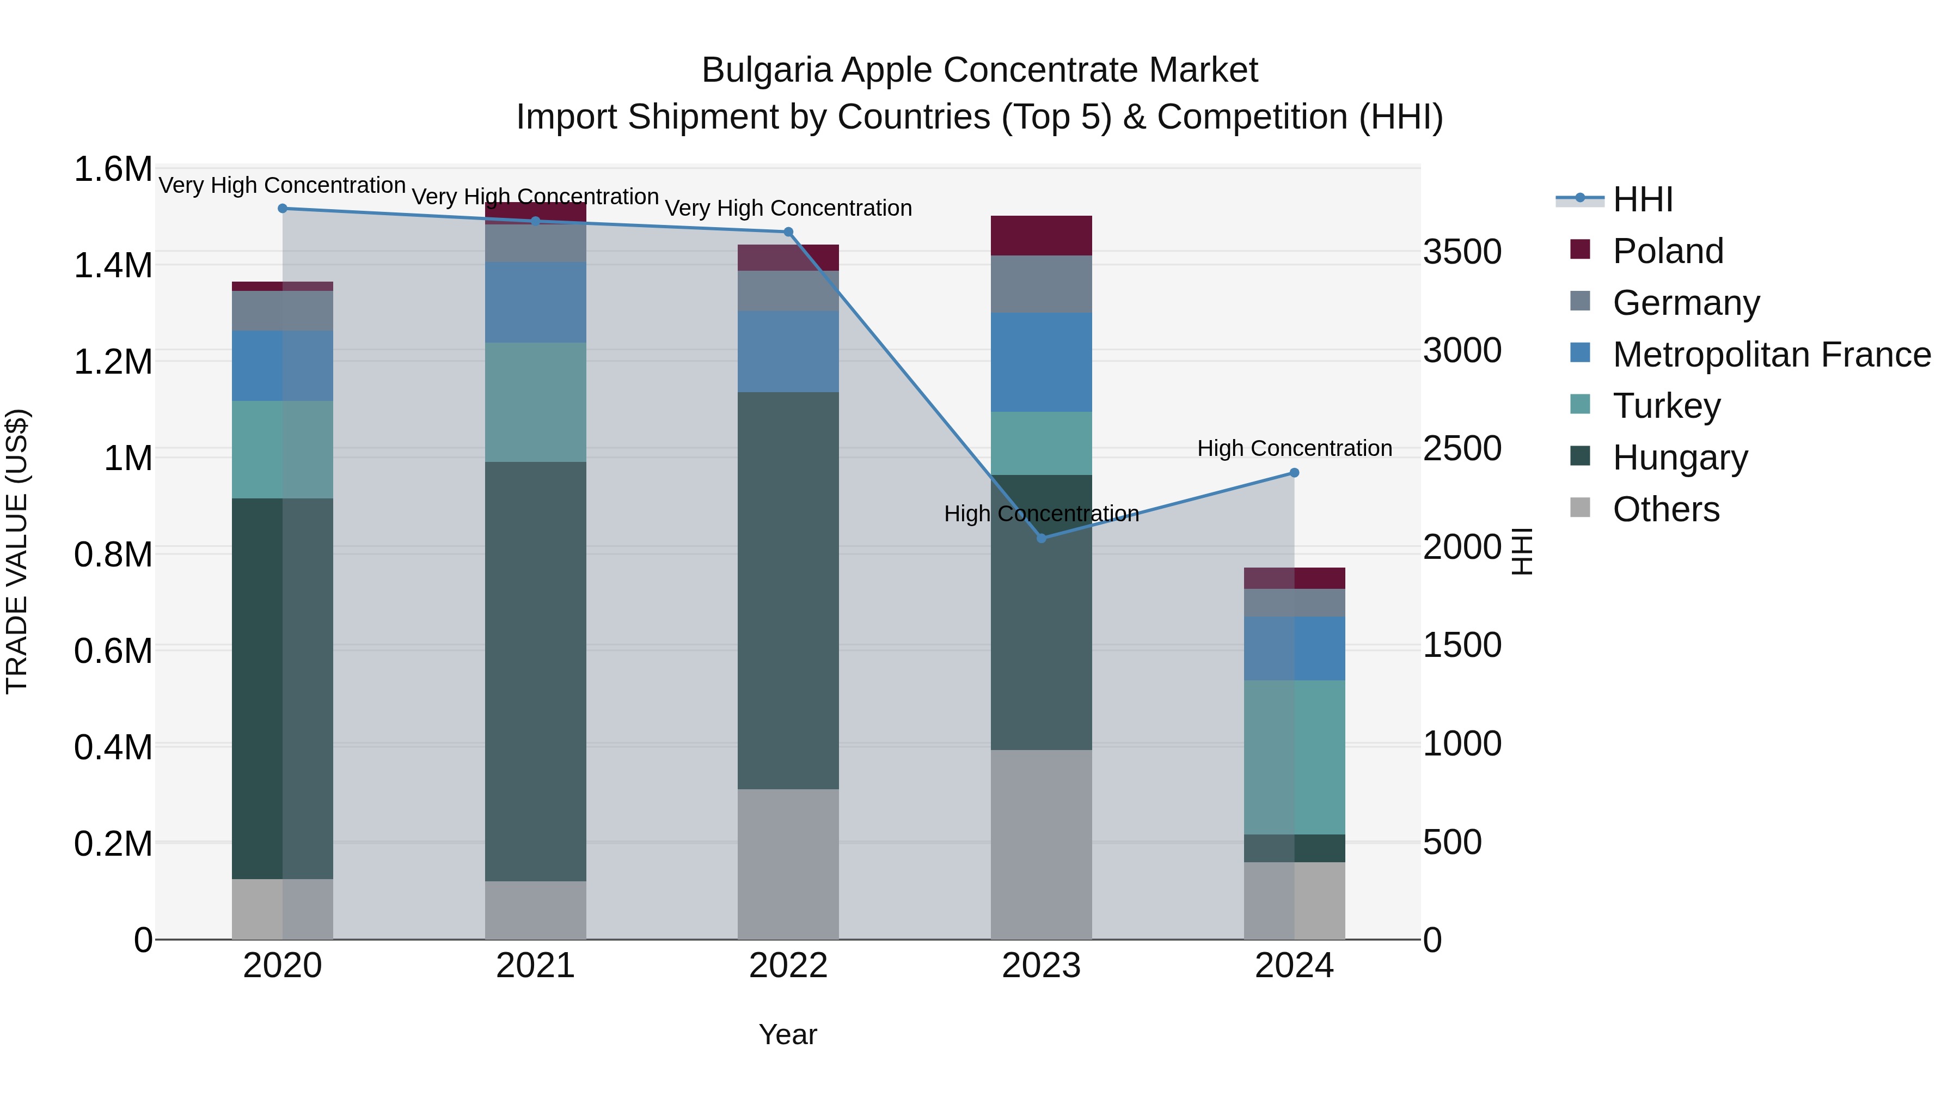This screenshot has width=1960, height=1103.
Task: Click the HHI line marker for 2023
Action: [x=1042, y=538]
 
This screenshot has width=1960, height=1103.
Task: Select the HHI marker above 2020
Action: [x=282, y=209]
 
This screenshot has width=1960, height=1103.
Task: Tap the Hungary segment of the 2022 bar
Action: [x=788, y=590]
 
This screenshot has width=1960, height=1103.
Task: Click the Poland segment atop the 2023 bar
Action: [x=1041, y=235]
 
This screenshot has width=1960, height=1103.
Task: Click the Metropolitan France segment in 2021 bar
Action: [x=536, y=302]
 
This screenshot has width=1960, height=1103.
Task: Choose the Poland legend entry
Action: [x=1667, y=251]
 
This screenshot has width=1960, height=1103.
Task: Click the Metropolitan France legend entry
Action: [x=1771, y=355]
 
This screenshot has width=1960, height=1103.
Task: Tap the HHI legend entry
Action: [x=1642, y=199]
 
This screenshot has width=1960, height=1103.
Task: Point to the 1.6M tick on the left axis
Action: [x=113, y=169]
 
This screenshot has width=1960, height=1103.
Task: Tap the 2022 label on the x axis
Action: [x=788, y=966]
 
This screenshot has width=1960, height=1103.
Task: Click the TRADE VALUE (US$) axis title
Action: [x=17, y=551]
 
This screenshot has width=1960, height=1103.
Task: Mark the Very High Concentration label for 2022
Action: [x=788, y=208]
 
